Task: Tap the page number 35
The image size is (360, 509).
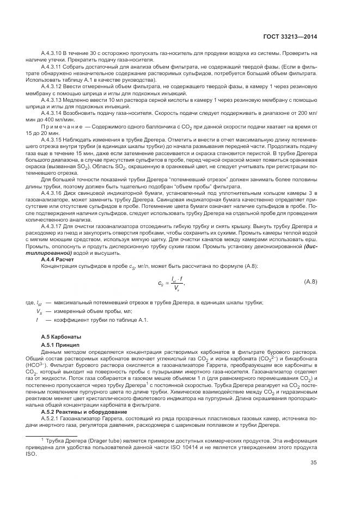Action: coord(313,463)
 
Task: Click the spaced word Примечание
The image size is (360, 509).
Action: coord(62,126)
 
